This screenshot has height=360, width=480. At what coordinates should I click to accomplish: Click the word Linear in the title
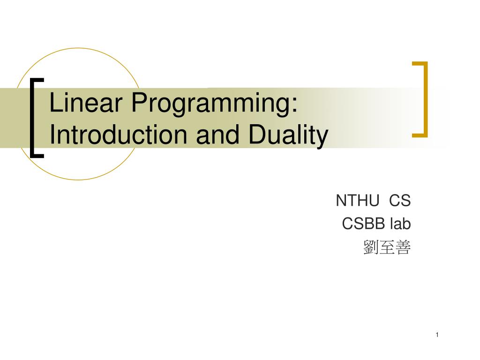[x=86, y=102]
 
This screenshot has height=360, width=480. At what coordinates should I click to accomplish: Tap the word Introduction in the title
[x=118, y=135]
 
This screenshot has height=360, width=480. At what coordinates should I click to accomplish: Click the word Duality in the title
[x=288, y=136]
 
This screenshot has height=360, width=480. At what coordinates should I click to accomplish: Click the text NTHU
[x=358, y=201]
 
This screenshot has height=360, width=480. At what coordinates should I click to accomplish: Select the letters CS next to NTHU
[x=400, y=201]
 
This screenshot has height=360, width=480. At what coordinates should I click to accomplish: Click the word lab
[x=400, y=224]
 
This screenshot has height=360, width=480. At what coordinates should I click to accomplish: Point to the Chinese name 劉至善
[x=387, y=247]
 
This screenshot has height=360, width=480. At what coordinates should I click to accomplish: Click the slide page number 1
[x=437, y=335]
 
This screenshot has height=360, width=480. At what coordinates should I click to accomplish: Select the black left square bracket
[x=32, y=118]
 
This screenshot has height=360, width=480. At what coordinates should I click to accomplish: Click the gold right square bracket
[x=425, y=99]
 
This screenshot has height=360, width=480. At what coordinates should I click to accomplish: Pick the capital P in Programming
[x=139, y=102]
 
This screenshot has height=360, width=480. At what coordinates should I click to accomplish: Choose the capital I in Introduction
[x=52, y=135]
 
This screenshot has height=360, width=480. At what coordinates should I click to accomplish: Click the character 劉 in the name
[x=371, y=247]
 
